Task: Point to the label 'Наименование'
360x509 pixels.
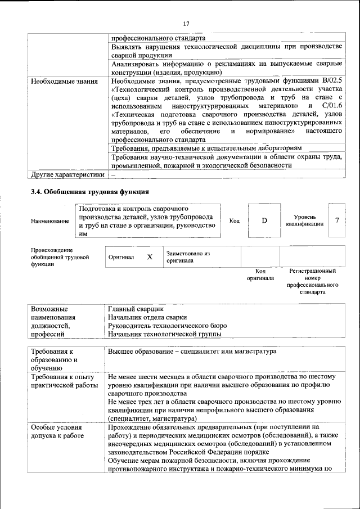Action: (50, 222)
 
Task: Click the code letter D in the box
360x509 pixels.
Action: (264, 220)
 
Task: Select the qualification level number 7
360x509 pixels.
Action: (337, 220)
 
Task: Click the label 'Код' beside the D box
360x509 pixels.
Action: (235, 221)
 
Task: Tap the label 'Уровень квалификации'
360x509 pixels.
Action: (304, 220)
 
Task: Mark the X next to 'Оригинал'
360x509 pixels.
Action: (150, 257)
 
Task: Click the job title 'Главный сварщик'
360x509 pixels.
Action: (136, 309)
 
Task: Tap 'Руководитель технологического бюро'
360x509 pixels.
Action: (167, 326)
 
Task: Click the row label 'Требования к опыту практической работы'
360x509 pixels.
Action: (65, 381)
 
